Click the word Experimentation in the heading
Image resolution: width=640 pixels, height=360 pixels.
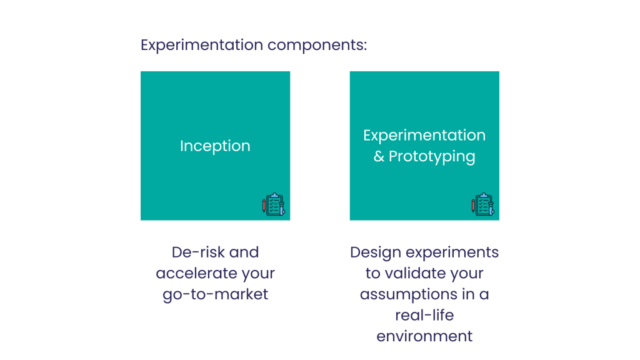point(202,45)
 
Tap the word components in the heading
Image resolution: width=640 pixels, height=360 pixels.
point(317,46)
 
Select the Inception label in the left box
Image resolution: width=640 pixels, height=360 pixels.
point(215,146)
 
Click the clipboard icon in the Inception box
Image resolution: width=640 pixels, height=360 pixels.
point(274,204)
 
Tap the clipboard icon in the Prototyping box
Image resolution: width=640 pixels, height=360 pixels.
point(483,204)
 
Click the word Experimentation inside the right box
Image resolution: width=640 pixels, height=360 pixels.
point(424,136)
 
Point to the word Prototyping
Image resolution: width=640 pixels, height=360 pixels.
point(432,157)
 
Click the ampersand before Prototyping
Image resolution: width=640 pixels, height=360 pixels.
point(379,156)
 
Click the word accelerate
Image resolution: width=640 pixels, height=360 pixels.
point(195,274)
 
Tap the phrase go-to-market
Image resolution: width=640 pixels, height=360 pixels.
point(215,295)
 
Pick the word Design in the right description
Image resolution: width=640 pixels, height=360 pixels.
point(376,252)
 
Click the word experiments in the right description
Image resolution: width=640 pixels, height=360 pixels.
point(452,253)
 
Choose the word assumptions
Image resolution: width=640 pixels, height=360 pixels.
point(409,295)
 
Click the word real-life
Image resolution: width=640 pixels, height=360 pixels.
point(424,315)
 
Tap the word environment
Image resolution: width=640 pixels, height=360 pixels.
point(424,336)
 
